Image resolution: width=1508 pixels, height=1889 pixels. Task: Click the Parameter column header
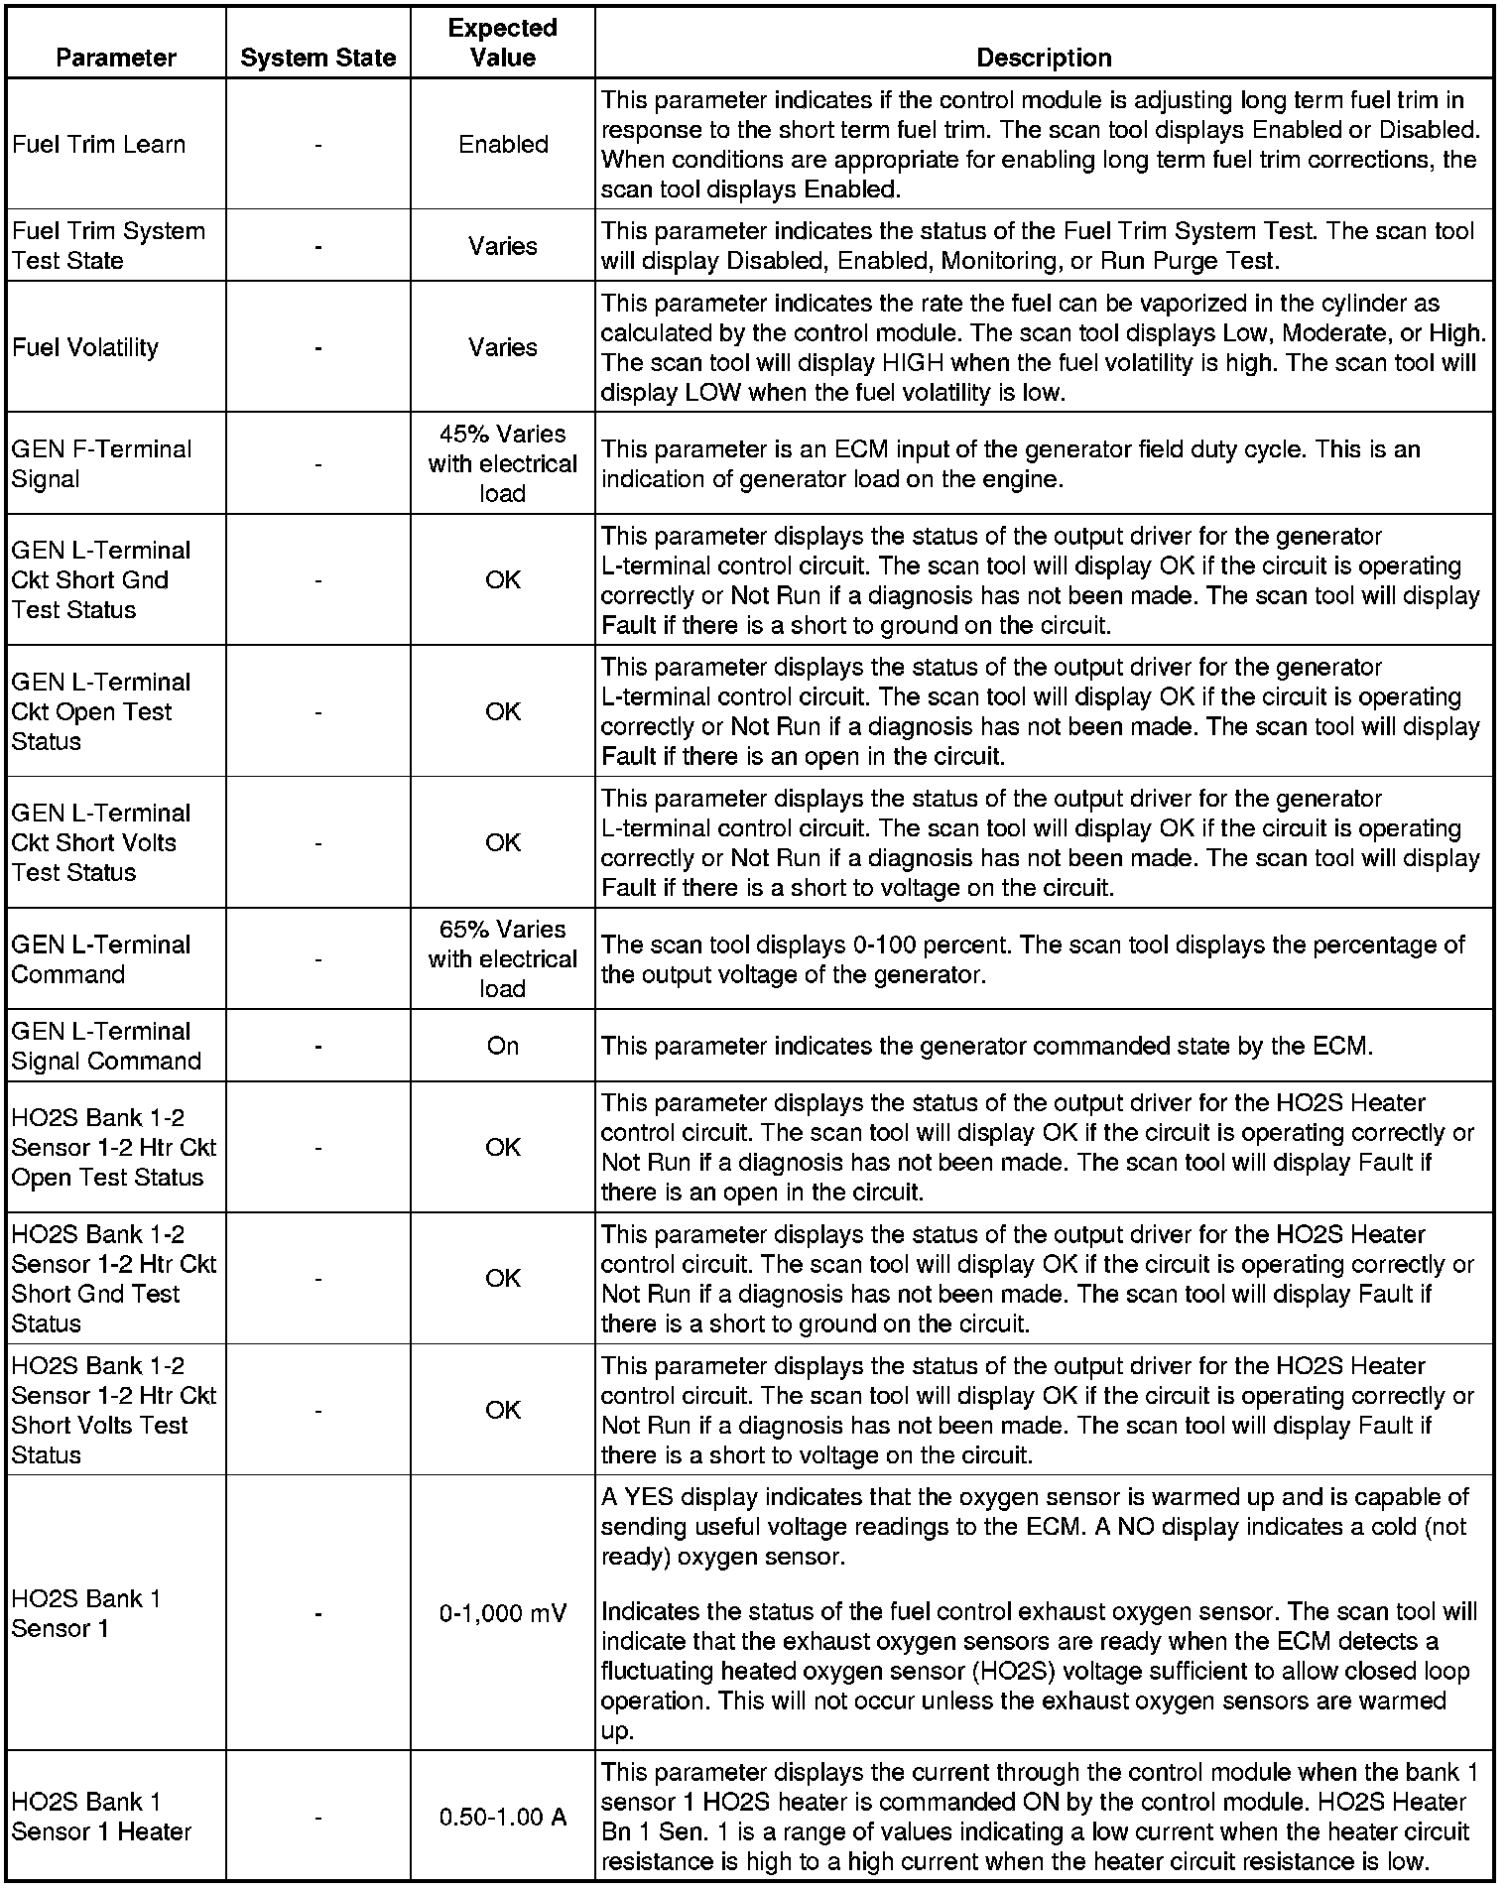point(116,58)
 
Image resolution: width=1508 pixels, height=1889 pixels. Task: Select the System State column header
point(317,59)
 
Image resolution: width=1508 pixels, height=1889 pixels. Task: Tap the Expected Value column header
point(502,43)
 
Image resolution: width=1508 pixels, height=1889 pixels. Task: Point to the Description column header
point(1044,58)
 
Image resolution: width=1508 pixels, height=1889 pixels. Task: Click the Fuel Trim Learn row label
point(98,145)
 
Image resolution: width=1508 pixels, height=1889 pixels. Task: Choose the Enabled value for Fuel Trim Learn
point(503,145)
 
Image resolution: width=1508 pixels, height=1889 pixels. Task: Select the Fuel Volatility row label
point(85,347)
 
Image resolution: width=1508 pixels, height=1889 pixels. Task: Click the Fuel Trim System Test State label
point(108,246)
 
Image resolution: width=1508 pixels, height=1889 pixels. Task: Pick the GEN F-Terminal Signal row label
point(101,463)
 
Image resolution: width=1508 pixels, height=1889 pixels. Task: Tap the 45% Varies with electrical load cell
point(502,463)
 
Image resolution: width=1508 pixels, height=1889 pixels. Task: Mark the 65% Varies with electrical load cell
point(502,959)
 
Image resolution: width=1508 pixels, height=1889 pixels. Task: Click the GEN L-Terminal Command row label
point(101,959)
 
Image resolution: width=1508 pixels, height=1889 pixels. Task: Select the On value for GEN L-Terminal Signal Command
point(502,1046)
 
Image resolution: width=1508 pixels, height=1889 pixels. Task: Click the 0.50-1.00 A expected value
point(502,1818)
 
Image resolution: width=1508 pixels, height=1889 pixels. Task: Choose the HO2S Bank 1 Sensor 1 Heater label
point(101,1818)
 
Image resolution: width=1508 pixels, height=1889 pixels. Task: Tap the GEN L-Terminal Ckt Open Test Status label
point(101,711)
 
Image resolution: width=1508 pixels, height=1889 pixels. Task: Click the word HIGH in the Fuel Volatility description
point(912,363)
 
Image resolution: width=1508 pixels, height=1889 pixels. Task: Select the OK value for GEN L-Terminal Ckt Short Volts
point(502,842)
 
